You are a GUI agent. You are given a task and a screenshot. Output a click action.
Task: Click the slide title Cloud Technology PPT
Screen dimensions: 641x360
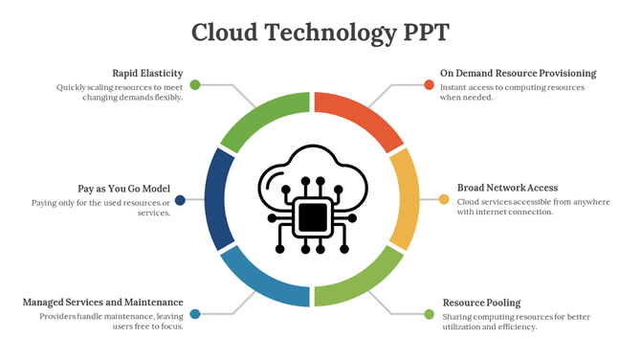pyautogui.click(x=320, y=32)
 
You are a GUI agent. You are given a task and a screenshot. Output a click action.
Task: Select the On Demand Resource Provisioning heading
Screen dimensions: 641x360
pyautogui.click(x=518, y=73)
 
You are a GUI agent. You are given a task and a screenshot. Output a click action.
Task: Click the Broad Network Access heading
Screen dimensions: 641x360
pyautogui.click(x=507, y=188)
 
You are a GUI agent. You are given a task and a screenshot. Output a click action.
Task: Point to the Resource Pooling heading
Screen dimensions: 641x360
pyautogui.click(x=481, y=303)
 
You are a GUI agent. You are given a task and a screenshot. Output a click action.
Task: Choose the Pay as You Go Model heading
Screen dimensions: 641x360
pyautogui.click(x=123, y=189)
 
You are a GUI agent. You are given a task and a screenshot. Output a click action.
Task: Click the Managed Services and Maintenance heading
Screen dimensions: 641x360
pyautogui.click(x=102, y=303)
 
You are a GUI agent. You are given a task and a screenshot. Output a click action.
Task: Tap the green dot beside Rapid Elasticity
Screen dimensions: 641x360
pyautogui.click(x=195, y=85)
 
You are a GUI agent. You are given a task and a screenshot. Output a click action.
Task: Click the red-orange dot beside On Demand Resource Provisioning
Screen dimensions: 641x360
pyautogui.click(x=430, y=85)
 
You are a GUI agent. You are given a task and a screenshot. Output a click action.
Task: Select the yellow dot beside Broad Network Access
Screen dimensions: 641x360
pyautogui.click(x=444, y=200)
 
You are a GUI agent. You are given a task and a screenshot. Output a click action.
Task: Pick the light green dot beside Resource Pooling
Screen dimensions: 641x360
pyautogui.click(x=429, y=314)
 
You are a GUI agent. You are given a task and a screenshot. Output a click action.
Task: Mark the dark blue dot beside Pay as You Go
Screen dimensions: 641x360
pyautogui.click(x=181, y=200)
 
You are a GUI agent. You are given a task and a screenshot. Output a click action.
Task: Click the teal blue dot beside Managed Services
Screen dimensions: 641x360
pyautogui.click(x=195, y=314)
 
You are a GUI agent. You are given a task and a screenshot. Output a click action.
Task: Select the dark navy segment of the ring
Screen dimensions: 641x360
pyautogui.click(x=218, y=198)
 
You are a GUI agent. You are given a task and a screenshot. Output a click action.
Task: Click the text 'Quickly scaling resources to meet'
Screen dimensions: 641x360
pyautogui.click(x=120, y=87)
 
